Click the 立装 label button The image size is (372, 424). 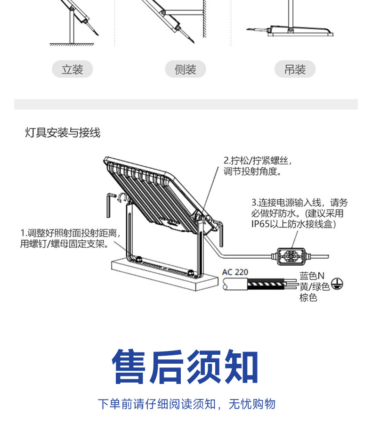point(72,70)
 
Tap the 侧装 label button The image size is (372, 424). point(186,70)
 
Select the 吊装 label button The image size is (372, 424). point(295,70)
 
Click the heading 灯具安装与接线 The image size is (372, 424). point(63,133)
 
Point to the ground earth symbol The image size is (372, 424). point(337,284)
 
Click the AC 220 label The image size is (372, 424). point(235,272)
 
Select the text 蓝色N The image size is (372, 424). point(312,276)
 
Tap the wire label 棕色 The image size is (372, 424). point(308,297)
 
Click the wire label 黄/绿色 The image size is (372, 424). point(315,286)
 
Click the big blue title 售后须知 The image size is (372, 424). point(186,367)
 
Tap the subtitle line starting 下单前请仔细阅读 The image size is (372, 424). point(186,404)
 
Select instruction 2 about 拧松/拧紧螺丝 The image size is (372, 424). point(258,166)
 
